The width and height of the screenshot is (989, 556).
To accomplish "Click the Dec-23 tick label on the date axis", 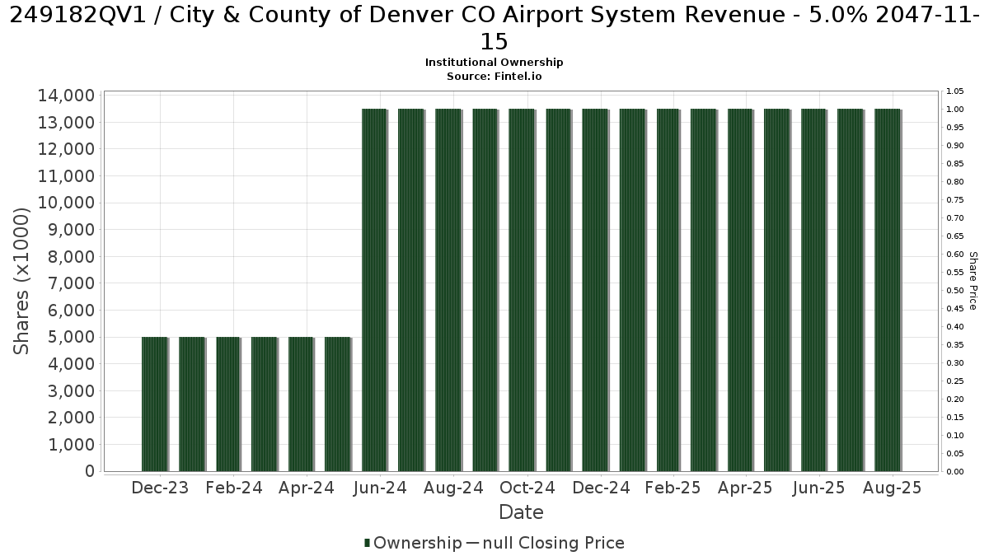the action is pos(160,488).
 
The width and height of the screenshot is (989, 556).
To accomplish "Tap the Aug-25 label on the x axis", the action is pos(892,488).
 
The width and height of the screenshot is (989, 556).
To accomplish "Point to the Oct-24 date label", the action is pos(527,488).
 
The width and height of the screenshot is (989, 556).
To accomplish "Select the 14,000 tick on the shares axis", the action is pos(66,96).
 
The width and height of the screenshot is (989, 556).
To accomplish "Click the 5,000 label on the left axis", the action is pos(71,337).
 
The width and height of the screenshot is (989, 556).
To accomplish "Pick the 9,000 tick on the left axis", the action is pos(71,230).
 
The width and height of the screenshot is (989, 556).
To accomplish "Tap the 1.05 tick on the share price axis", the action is pos(955,91).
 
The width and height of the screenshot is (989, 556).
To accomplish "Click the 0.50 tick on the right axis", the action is pos(955,290).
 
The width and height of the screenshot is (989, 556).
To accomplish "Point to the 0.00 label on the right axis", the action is pos(955,472).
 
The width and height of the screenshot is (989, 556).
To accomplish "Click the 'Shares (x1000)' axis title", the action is pos(21,281).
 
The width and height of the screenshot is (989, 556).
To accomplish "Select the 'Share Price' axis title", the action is pos(973,281).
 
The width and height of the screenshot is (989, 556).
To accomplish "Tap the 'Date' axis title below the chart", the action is pos(521,512).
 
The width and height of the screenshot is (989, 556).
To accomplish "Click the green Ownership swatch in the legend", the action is pos(367,543).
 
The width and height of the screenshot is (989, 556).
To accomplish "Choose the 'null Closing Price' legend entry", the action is pos(553,543).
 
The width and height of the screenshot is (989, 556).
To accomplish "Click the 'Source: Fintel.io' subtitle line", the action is pos(494,77).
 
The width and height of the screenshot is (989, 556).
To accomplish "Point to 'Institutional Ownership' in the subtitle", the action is pos(494,63).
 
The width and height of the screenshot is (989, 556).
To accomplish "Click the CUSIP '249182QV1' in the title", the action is pos(77,16).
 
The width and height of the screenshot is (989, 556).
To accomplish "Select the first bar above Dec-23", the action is pos(155,404).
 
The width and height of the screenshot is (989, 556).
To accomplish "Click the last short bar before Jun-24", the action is pos(338,404).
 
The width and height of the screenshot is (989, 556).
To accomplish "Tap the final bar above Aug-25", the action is pos(888,290).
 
